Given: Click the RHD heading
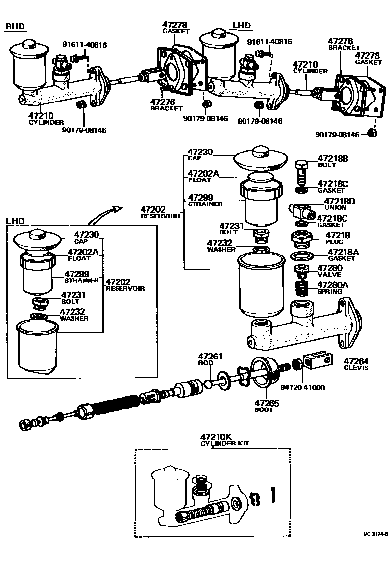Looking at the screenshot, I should pos(15,26).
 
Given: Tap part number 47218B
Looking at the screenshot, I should pos(333,158).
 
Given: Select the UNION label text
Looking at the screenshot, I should pos(335,208).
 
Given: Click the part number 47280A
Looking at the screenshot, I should pos(333,284).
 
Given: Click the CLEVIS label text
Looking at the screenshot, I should pos(355,368).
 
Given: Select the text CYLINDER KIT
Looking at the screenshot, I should pos(225,443).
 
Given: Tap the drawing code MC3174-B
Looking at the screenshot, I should pos(375,534).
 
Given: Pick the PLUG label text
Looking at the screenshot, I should pos(335,242).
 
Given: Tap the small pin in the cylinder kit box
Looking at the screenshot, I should pos(274,494).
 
